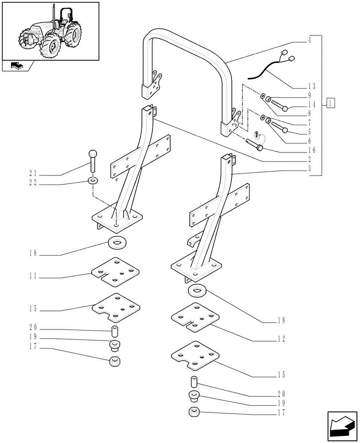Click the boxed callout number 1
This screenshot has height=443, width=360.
click(x=330, y=104)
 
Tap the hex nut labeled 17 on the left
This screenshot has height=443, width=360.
click(x=116, y=360)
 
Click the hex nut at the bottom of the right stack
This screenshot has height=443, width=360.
click(x=194, y=412)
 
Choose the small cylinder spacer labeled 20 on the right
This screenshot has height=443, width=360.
click(x=194, y=381)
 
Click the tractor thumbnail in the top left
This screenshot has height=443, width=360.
click(x=50, y=31)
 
